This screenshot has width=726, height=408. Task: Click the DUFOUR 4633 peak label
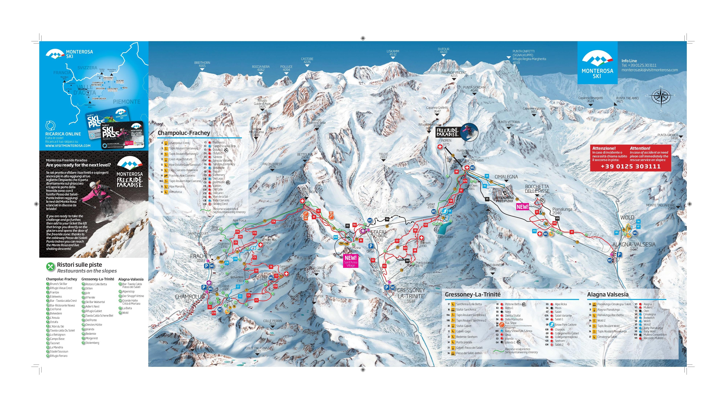[x=443, y=51]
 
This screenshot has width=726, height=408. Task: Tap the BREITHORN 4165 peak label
[x=202, y=64]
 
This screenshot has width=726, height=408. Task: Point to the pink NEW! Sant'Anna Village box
[x=351, y=261]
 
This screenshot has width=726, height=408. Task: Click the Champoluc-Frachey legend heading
[x=184, y=133]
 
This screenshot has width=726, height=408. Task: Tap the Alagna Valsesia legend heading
[x=608, y=294]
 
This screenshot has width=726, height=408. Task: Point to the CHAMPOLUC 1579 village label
[x=189, y=298]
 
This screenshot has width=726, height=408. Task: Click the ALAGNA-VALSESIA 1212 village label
[x=634, y=246]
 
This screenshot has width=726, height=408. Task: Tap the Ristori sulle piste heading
[x=79, y=265]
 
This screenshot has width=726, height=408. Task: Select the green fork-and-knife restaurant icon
[x=50, y=266]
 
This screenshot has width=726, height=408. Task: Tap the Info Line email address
[x=650, y=70]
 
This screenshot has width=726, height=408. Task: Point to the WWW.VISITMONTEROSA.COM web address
[x=68, y=146]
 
